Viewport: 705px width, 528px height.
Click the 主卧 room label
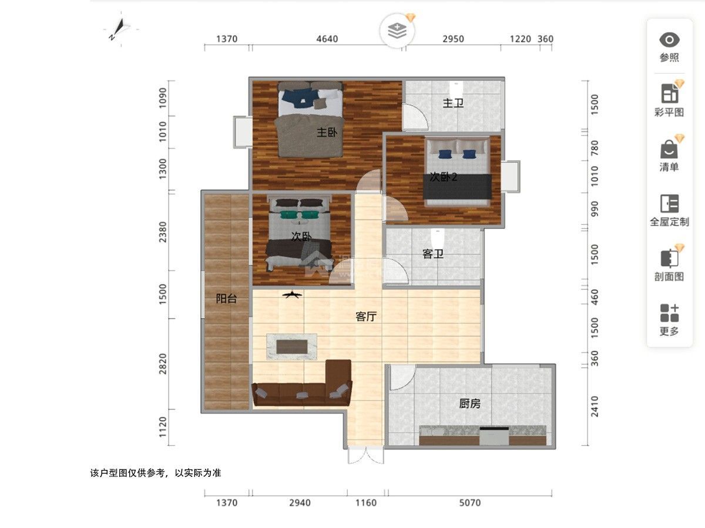tap(327, 133)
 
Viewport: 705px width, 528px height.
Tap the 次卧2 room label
tap(444, 177)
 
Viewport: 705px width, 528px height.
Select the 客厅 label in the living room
tap(365, 317)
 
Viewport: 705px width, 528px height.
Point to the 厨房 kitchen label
tap(469, 404)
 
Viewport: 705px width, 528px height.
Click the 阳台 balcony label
tap(226, 298)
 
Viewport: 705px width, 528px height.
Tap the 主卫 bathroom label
tap(453, 103)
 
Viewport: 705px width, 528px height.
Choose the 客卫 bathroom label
tap(433, 254)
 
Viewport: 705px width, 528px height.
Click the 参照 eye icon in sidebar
tap(669, 40)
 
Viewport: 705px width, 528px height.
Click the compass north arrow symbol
tap(122, 28)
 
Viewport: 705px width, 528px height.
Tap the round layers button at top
tap(398, 30)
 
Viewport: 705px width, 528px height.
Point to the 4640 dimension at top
tap(327, 39)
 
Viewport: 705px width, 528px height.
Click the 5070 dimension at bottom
tap(469, 503)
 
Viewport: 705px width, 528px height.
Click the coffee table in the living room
tap(292, 346)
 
